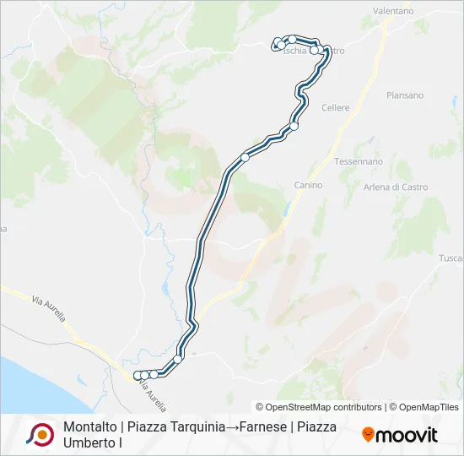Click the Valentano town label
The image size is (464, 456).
pos(393,11)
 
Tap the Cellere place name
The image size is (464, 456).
pos(336,108)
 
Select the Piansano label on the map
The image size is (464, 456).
pos(405,95)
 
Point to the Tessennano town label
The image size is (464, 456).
pos(359,160)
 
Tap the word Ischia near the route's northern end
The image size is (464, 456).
pos(295,51)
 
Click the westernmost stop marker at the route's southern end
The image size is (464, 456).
pos(138,375)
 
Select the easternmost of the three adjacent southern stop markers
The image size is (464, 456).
pos(154,373)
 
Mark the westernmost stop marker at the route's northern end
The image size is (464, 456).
pos(275,46)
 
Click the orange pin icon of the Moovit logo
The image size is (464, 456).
pos(368,434)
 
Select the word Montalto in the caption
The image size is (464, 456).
pos(89,426)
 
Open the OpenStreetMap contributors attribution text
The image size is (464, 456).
pos(319,407)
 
